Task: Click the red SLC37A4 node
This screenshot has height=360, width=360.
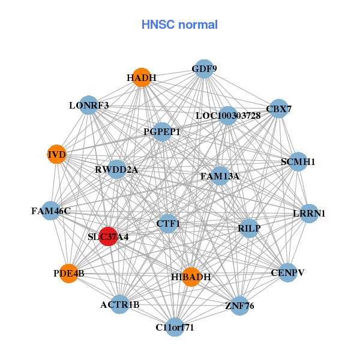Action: [x=108, y=236]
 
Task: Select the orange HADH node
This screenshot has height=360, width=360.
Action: [x=142, y=78]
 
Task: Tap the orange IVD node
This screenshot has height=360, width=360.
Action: [x=56, y=155]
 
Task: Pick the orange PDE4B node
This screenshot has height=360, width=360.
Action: [x=69, y=274]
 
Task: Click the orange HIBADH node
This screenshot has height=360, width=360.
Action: [x=190, y=277]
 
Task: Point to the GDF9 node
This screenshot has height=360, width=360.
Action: [x=204, y=68]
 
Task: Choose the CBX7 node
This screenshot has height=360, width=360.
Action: [x=278, y=109]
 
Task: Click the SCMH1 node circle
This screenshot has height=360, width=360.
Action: [x=298, y=161]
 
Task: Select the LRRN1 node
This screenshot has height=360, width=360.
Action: [x=309, y=214]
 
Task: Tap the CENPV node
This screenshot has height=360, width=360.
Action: [x=287, y=272]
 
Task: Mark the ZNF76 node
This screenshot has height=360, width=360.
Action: [x=239, y=305]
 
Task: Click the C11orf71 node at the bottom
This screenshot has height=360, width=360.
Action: [x=175, y=327]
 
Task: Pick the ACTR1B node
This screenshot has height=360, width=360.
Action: [x=119, y=304]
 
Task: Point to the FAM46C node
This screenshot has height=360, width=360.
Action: [x=50, y=211]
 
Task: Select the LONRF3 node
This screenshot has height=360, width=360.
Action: [x=88, y=105]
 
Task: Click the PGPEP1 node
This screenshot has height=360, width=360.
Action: [x=162, y=131]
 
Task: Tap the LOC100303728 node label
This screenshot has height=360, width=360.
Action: [x=228, y=115]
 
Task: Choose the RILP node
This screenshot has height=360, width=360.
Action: [x=249, y=227]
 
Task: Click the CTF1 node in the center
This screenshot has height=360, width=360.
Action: [x=168, y=224]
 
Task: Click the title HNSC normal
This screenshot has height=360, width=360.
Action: [x=179, y=25]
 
